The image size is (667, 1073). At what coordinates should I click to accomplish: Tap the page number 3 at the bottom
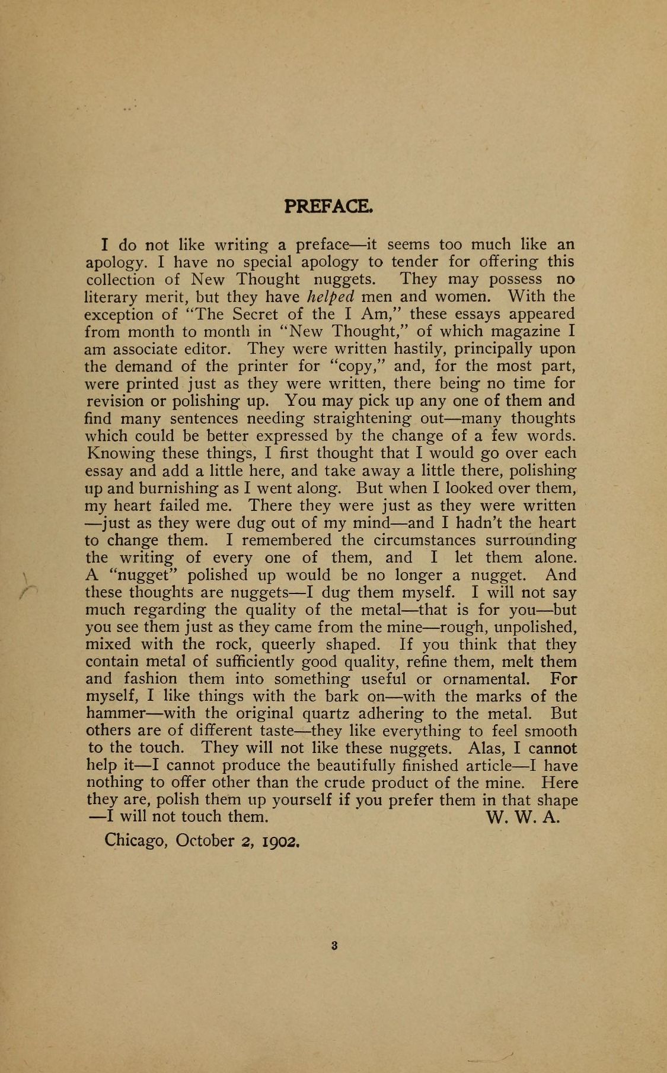click(x=334, y=947)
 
